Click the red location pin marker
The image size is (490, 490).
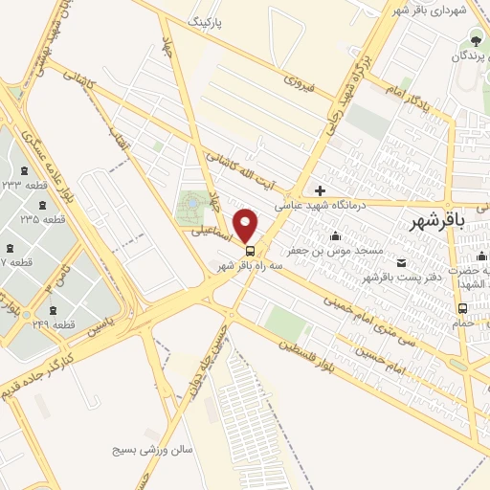246,225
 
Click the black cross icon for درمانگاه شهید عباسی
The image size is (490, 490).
321,189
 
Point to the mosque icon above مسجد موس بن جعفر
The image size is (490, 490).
335,236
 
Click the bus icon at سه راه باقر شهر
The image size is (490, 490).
251,252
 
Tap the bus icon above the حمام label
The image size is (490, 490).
463,308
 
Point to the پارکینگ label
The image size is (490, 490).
211,19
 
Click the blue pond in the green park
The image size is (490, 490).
189,203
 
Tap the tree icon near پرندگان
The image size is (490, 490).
473,39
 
